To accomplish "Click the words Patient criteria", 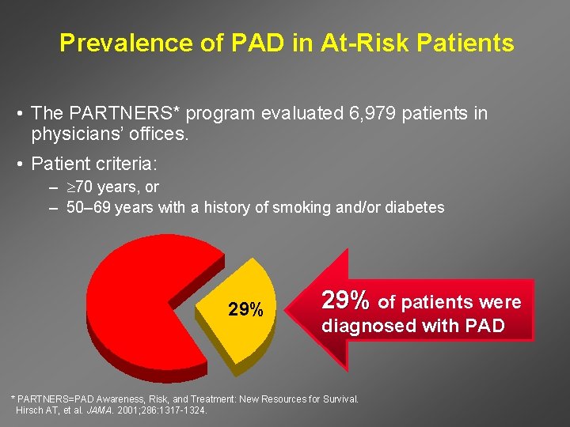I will click(94, 164).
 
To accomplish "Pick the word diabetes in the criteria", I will click(416, 208).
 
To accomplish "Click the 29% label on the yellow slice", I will click(245, 309).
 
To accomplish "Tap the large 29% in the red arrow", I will click(345, 301).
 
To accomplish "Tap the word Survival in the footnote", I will click(337, 399).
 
